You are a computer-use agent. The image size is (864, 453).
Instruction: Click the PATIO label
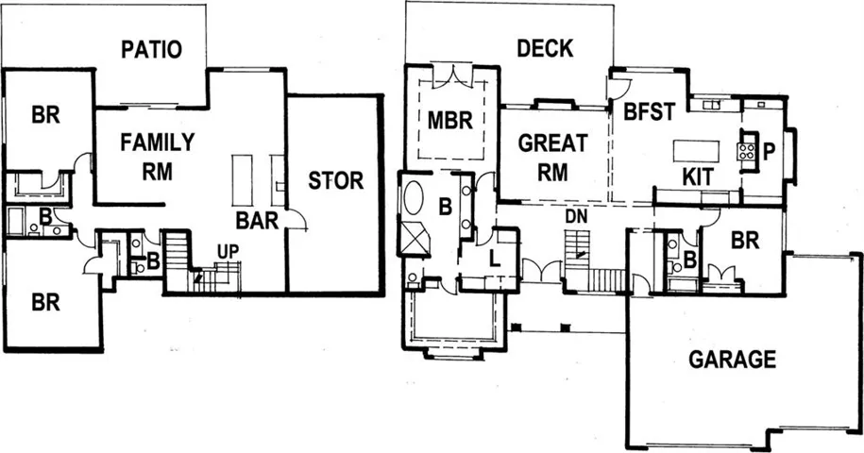pyautogui.click(x=151, y=49)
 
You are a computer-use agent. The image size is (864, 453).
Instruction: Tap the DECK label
pyautogui.click(x=545, y=48)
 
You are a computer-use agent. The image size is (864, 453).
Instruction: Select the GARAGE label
pyautogui.click(x=733, y=360)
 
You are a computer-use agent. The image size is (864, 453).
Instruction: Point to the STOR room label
pyautogui.click(x=335, y=180)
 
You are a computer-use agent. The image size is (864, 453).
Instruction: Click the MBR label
pyautogui.click(x=450, y=121)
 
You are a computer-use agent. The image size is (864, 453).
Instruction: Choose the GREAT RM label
pyautogui.click(x=552, y=158)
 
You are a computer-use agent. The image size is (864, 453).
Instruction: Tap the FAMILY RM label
pyautogui.click(x=158, y=157)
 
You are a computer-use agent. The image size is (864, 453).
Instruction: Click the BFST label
pyautogui.click(x=649, y=111)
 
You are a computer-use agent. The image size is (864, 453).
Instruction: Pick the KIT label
pyautogui.click(x=698, y=177)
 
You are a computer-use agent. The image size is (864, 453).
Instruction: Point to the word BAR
pyautogui.click(x=257, y=220)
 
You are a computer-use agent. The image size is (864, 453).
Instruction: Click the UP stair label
pyautogui.click(x=229, y=252)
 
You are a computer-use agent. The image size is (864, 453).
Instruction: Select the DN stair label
pyautogui.click(x=577, y=217)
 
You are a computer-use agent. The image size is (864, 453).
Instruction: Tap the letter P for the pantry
pyautogui.click(x=769, y=151)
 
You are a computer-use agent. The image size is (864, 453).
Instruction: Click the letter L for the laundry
pyautogui.click(x=495, y=259)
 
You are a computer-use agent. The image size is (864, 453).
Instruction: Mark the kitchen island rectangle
pyautogui.click(x=696, y=150)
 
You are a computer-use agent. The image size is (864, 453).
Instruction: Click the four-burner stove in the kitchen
pyautogui.click(x=747, y=151)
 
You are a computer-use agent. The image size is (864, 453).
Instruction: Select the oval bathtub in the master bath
pyautogui.click(x=414, y=197)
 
